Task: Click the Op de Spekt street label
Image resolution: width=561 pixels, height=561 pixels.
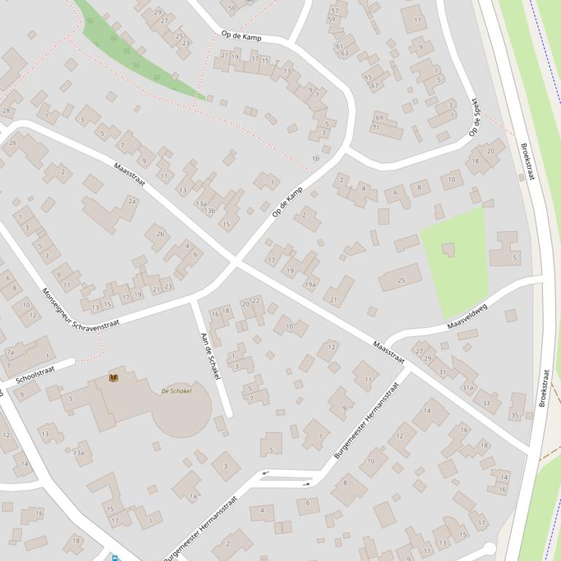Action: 474,117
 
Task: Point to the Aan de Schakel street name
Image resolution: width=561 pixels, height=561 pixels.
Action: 209,356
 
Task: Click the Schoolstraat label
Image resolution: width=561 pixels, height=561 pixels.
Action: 35,374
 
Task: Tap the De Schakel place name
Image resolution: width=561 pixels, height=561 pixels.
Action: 176,391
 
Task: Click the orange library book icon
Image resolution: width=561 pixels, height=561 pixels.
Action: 114,377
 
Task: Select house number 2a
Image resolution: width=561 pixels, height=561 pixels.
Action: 132,201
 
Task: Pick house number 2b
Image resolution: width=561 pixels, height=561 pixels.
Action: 160,234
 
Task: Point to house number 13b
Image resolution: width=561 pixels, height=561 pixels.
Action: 209,211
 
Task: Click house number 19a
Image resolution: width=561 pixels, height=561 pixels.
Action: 310,284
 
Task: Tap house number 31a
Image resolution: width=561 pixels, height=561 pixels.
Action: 468,388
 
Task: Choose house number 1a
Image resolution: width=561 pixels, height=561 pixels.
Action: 193,496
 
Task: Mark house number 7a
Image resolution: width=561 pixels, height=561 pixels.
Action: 10,352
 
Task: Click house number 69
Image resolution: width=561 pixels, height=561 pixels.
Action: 379,117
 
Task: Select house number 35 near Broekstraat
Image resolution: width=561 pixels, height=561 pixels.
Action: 515,415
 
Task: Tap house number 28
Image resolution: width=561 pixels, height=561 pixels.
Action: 7,111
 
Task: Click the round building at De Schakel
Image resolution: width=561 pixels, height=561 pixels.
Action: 183,409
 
